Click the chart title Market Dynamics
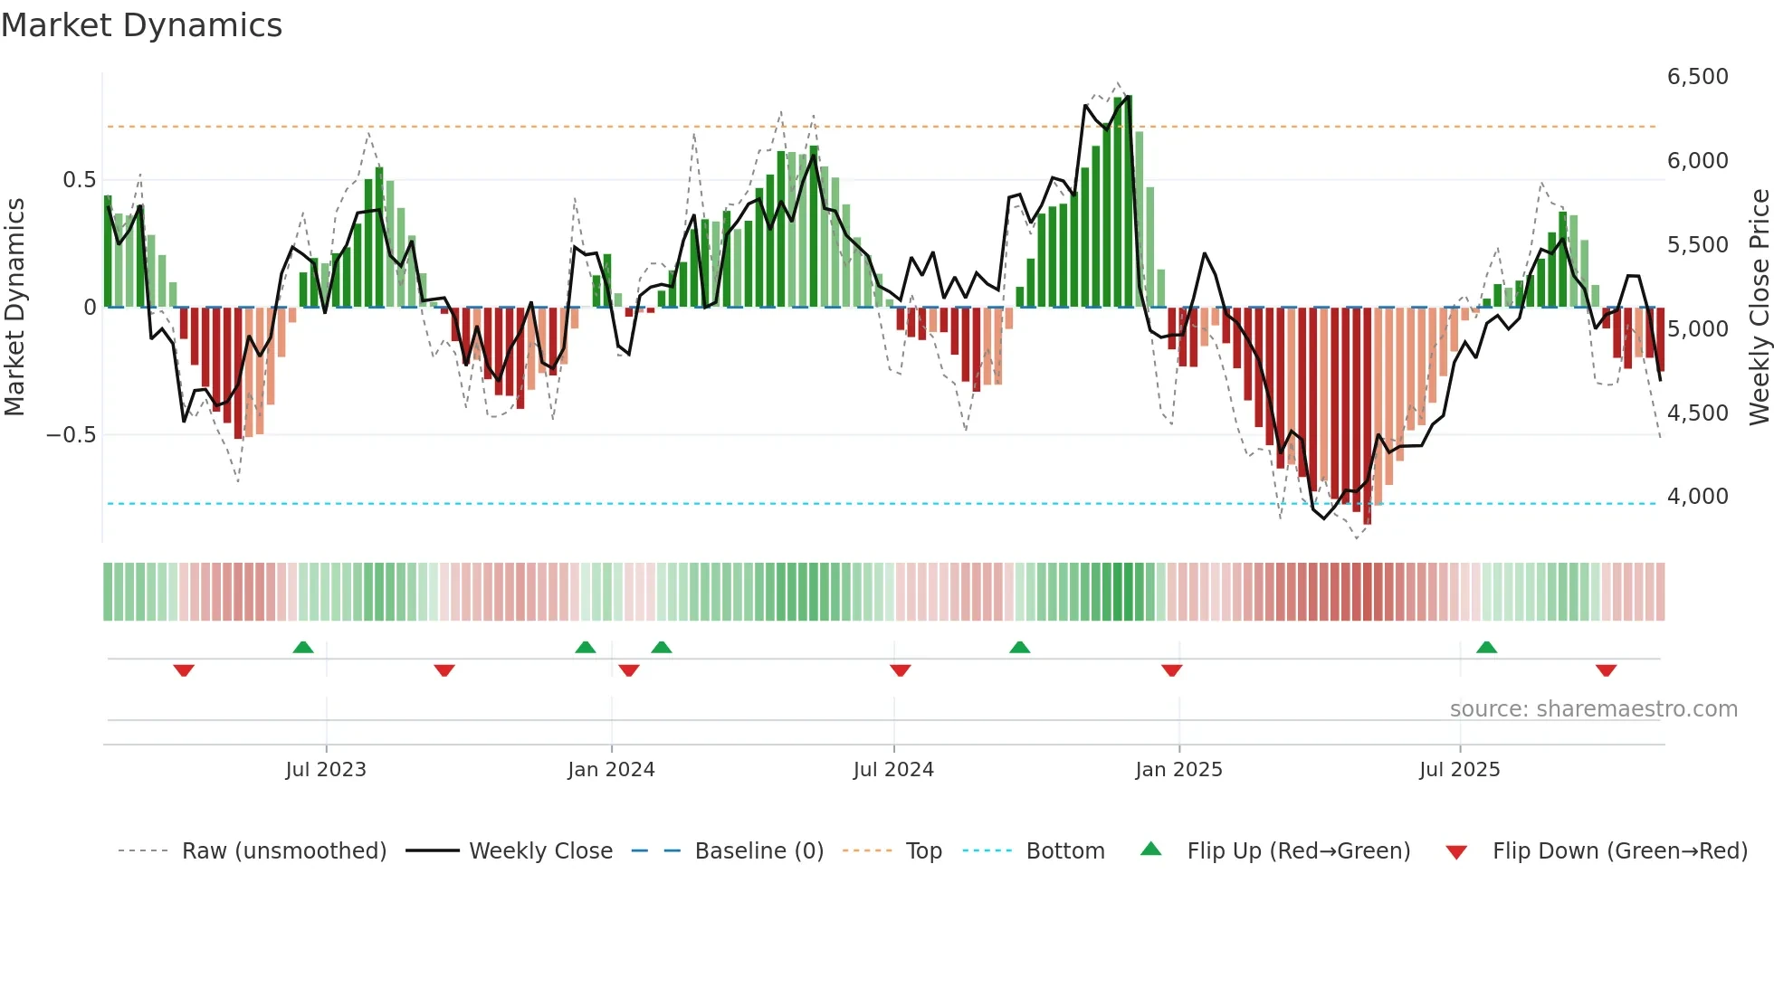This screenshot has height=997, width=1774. click(142, 25)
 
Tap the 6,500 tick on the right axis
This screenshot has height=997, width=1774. click(1697, 77)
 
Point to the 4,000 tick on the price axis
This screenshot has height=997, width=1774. click(1697, 497)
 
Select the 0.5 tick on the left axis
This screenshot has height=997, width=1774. click(79, 180)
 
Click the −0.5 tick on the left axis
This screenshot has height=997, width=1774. click(72, 435)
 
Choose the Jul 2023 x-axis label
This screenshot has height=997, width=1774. click(326, 770)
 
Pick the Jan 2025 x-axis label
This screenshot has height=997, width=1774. click(1178, 770)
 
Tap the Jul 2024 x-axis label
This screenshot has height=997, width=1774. click(893, 770)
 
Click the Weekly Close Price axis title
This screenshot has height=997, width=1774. click(1759, 308)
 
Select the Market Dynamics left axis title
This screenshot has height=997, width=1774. click(14, 308)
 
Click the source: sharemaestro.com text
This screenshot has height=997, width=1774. click(1593, 709)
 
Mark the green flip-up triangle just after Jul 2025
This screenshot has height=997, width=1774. click(1486, 648)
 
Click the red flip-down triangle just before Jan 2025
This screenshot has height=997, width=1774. click(1171, 670)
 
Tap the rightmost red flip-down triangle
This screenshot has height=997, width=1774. click(1606, 670)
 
